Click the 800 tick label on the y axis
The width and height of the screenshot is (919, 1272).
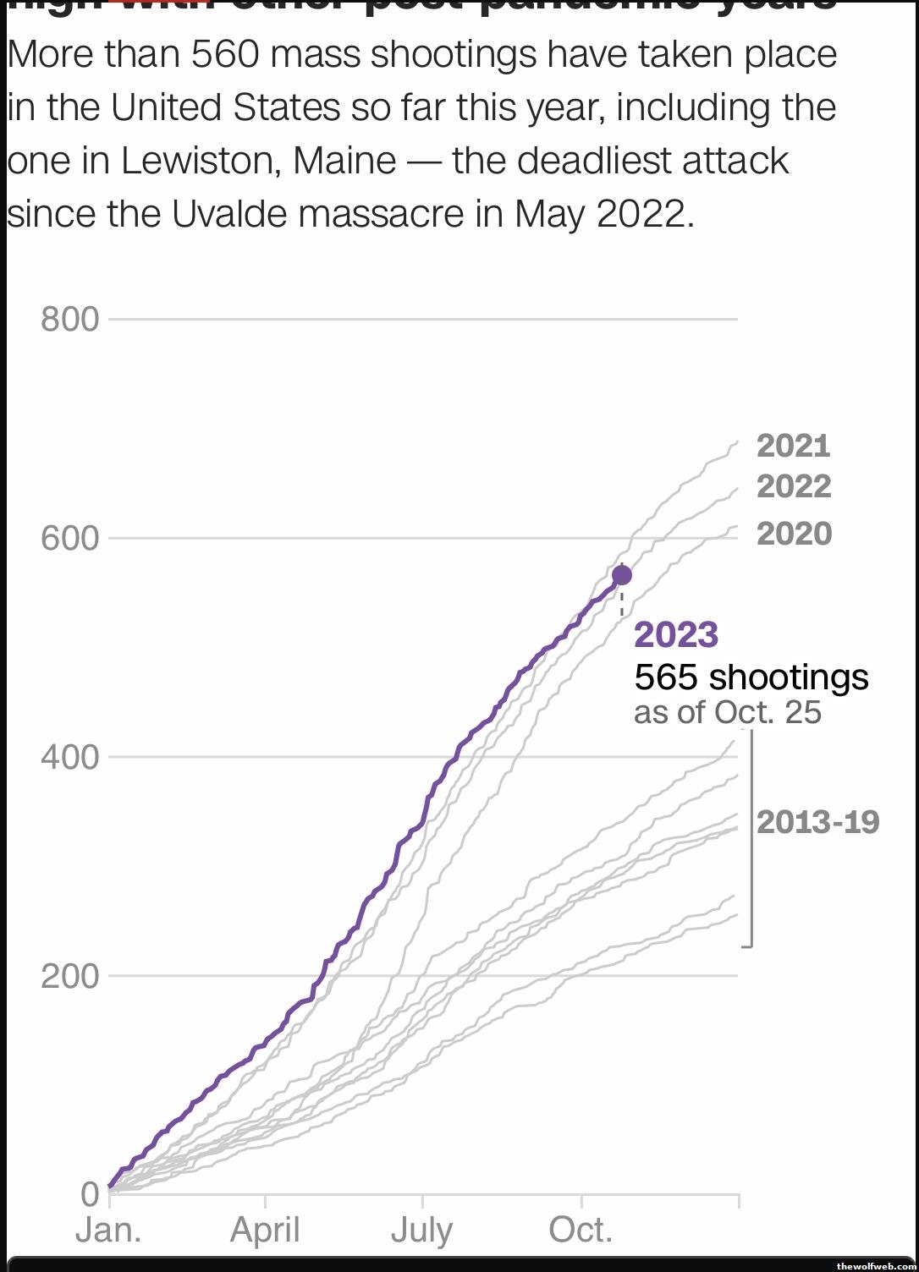69,320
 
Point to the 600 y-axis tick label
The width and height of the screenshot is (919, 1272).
69,538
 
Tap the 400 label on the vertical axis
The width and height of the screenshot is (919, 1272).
69,757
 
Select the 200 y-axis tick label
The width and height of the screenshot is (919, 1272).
69,976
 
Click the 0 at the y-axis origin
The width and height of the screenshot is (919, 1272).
90,1194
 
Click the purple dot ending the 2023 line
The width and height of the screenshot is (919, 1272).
622,575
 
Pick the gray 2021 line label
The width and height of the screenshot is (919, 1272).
794,446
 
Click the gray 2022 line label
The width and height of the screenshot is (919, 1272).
794,486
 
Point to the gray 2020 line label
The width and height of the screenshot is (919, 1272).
794,534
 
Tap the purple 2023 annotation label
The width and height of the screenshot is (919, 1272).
676,634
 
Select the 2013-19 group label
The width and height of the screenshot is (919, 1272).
817,822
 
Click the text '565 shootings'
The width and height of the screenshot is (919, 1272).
751,677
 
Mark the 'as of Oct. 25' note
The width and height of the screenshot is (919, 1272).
728,712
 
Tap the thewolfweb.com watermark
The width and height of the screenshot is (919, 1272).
876,1266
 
